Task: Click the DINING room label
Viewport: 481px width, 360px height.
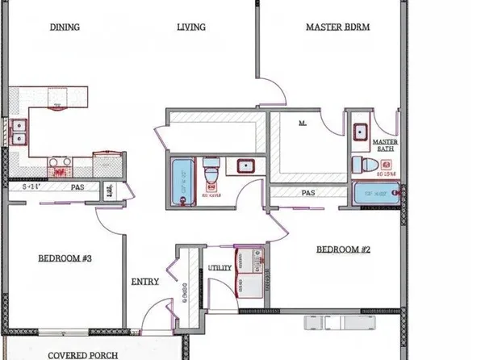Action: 65,27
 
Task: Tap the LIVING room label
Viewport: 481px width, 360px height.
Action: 191,27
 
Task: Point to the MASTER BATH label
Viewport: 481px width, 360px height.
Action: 385,145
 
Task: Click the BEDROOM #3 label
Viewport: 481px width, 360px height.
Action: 65,258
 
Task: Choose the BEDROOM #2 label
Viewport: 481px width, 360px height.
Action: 342,249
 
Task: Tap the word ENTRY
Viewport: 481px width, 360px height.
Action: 144,282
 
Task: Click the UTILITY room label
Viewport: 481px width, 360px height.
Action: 220,267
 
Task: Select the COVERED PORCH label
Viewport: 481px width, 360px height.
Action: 83,354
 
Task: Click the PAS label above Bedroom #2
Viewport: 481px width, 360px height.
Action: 307,193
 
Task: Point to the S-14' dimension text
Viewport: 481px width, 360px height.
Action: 31,186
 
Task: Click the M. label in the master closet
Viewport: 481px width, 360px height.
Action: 303,123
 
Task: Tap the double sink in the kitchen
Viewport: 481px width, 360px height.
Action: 18,132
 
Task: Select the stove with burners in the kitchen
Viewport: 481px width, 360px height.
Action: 60,167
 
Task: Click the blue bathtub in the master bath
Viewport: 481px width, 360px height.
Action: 376,194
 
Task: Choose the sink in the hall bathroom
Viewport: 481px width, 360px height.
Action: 245,167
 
